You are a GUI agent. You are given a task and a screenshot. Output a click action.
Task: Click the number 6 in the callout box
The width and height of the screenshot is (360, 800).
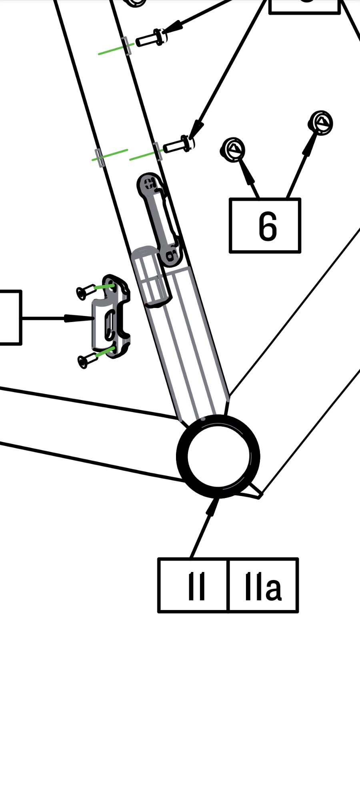267,226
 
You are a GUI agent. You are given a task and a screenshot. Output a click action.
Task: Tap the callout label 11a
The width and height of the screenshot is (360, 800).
263,586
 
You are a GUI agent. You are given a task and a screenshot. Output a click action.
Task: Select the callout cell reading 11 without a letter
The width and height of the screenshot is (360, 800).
196,586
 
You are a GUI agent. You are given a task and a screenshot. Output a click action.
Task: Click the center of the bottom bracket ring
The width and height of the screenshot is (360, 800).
218,456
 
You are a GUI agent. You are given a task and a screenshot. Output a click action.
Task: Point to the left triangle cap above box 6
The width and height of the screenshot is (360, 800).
233,150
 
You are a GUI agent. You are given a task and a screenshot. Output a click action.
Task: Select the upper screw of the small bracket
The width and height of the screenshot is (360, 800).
85,292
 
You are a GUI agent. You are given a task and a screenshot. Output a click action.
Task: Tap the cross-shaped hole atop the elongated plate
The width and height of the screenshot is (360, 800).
150,184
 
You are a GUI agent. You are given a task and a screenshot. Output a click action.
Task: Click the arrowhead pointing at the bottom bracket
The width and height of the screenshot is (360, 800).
212,506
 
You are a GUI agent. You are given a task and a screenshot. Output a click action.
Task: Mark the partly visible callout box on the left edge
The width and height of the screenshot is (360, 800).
10,317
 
